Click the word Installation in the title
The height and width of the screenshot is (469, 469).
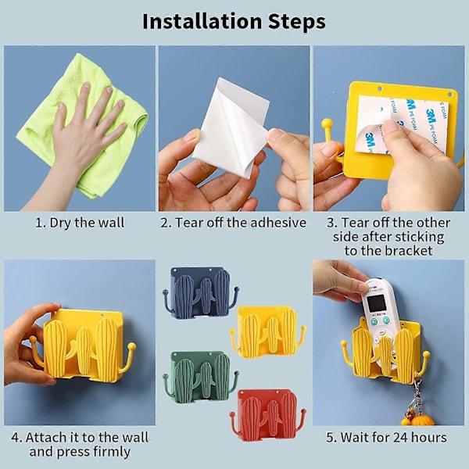point(202,22)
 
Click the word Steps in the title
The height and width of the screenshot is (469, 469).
point(297,22)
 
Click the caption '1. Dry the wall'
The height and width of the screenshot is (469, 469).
point(80,223)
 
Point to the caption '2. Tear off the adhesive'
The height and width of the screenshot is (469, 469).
point(233,223)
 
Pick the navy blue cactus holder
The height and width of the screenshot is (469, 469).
point(200,292)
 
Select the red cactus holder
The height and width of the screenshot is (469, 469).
point(268,415)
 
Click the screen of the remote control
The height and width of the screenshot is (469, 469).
point(376,303)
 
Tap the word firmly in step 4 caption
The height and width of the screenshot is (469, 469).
point(112,452)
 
